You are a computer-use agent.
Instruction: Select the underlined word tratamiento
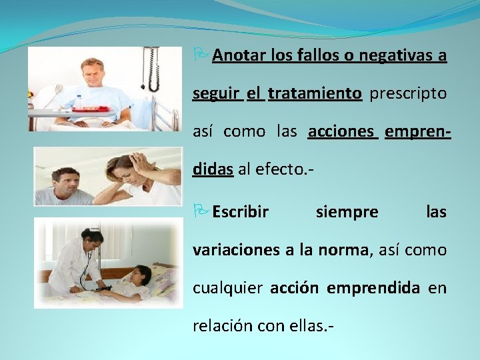click(315, 93)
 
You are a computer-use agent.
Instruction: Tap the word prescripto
click(407, 93)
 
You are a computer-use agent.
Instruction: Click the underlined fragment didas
click(213, 169)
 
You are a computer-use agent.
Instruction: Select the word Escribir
click(241, 212)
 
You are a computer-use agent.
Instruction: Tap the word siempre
click(347, 212)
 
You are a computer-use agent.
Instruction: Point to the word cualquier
click(227, 288)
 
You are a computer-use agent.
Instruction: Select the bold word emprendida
click(382, 288)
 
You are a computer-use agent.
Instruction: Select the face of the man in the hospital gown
click(91, 72)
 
